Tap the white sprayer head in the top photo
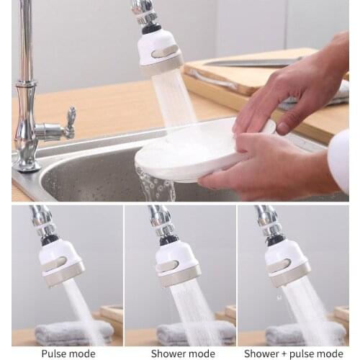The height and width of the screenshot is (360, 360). [x=160, y=52]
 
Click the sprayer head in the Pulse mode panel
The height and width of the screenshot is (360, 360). [x=60, y=261]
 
